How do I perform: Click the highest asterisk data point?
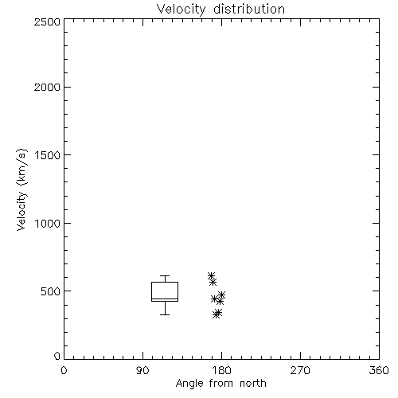coord(211,276)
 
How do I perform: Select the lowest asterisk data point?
coord(217,314)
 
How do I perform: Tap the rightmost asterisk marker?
coord(222,295)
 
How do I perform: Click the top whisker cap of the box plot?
coord(165,276)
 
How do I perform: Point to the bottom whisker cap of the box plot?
coord(165,314)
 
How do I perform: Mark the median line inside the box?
coord(165,299)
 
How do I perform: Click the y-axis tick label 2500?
coord(47,21)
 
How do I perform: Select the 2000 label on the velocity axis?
coord(47,87)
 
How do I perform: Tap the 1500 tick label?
coord(48,155)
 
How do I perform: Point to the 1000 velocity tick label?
coord(48,224)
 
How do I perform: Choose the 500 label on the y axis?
coord(51,291)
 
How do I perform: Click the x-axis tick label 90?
coord(142,370)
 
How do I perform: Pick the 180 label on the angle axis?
coord(221,370)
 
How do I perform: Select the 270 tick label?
coord(300,370)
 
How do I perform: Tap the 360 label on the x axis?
coord(379,370)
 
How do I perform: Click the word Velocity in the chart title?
coord(181,10)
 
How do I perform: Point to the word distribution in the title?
coord(249,9)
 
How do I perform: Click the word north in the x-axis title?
coord(253,384)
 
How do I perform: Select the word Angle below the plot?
coord(189,384)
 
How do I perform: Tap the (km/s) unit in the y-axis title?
coord(21,167)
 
